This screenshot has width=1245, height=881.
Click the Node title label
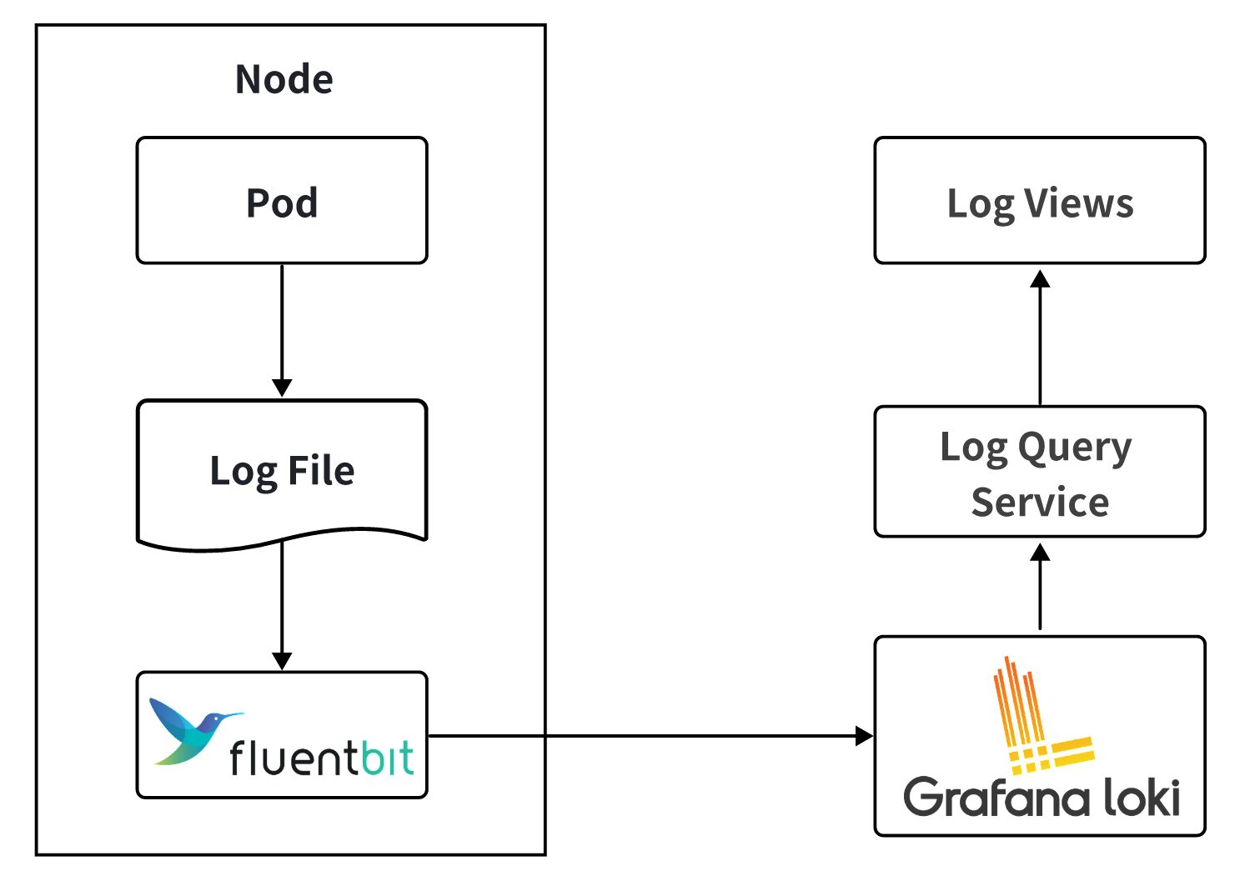(284, 80)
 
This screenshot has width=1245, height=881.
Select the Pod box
(282, 201)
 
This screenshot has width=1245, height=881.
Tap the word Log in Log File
(243, 472)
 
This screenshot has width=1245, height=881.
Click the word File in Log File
(321, 471)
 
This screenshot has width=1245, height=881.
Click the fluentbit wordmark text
(321, 758)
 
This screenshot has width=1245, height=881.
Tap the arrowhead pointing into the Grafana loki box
(864, 736)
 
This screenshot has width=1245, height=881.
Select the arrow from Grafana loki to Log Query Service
(1040, 588)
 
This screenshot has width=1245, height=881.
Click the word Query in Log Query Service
(1075, 448)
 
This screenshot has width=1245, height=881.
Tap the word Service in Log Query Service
(1040, 503)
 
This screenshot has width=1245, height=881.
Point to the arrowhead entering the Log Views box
(1040, 278)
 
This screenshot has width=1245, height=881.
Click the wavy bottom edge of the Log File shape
(282, 541)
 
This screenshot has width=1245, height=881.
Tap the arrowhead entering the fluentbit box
(282, 661)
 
